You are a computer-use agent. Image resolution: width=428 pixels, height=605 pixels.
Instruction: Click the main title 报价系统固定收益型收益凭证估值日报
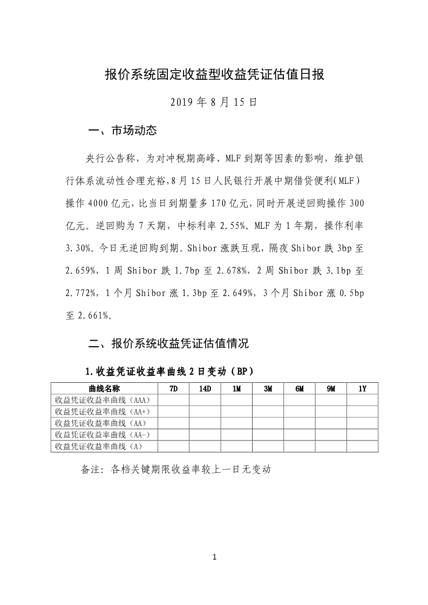pos(214,74)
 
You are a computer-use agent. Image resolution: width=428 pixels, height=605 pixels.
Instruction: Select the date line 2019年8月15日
pos(214,102)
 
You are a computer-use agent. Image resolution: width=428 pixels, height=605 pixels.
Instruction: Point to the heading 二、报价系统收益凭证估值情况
pos(168,342)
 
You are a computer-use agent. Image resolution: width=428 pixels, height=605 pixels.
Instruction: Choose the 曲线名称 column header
pos(104,389)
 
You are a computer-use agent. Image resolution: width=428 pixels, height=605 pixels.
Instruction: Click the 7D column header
pos(173,389)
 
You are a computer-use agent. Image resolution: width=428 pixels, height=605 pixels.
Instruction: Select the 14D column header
pos(205,389)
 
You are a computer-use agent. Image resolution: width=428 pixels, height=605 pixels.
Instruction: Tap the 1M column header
pos(236,389)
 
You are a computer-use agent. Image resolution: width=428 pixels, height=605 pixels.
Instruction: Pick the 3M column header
pos(268,389)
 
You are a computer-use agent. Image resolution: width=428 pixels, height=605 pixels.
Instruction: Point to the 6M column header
pos(300,389)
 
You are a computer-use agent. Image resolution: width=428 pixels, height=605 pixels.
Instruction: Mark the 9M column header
pos(331,389)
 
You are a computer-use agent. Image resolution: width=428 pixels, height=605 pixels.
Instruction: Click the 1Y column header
pos(362,389)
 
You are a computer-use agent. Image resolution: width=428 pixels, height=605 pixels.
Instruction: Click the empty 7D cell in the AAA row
pos(173,400)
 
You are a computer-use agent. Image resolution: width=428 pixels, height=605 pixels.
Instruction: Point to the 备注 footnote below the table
pos(175,469)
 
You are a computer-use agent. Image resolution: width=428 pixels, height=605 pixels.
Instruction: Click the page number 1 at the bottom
pos(214,557)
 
